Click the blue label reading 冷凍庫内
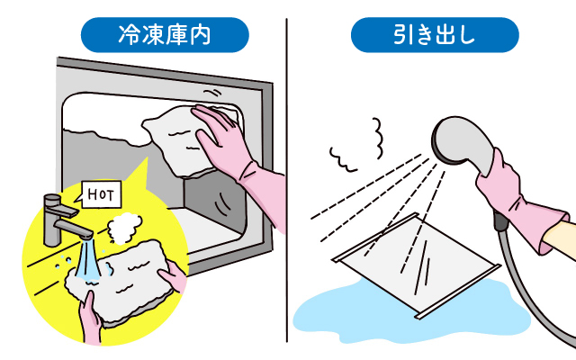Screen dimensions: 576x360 pos(165,35)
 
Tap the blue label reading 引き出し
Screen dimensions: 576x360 pos(435,35)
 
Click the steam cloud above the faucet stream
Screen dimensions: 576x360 pos(124,228)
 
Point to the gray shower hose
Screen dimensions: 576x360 pos(529,286)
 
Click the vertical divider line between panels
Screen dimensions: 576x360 pos(287,180)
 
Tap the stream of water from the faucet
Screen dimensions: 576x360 pos(88,260)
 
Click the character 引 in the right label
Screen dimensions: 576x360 pos(403,35)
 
